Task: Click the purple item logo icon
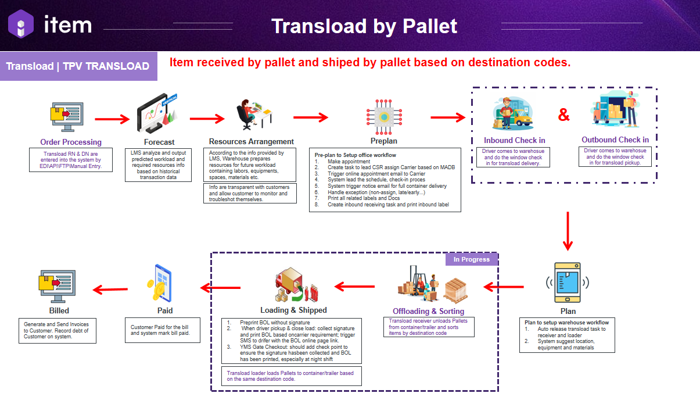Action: pyautogui.click(x=20, y=24)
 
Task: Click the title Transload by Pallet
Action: pyautogui.click(x=364, y=26)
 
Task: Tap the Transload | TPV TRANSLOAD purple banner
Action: pyautogui.click(x=78, y=66)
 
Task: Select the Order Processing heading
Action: pyautogui.click(x=71, y=142)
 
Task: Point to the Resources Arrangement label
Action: pyautogui.click(x=252, y=141)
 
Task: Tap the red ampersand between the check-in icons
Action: pyautogui.click(x=563, y=115)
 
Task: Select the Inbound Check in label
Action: pyautogui.click(x=514, y=140)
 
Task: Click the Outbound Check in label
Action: pyautogui.click(x=615, y=140)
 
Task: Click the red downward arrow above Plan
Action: pyautogui.click(x=568, y=230)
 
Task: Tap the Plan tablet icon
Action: pyautogui.click(x=568, y=283)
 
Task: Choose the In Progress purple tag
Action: pyautogui.click(x=472, y=259)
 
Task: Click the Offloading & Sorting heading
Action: pyautogui.click(x=429, y=311)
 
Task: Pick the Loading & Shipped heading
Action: pyautogui.click(x=293, y=310)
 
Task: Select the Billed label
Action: pyautogui.click(x=59, y=310)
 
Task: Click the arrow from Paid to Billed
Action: pyautogui.click(x=111, y=289)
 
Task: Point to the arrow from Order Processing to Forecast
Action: pyautogui.click(x=112, y=120)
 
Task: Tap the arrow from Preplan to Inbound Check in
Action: pyautogui.click(x=448, y=117)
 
